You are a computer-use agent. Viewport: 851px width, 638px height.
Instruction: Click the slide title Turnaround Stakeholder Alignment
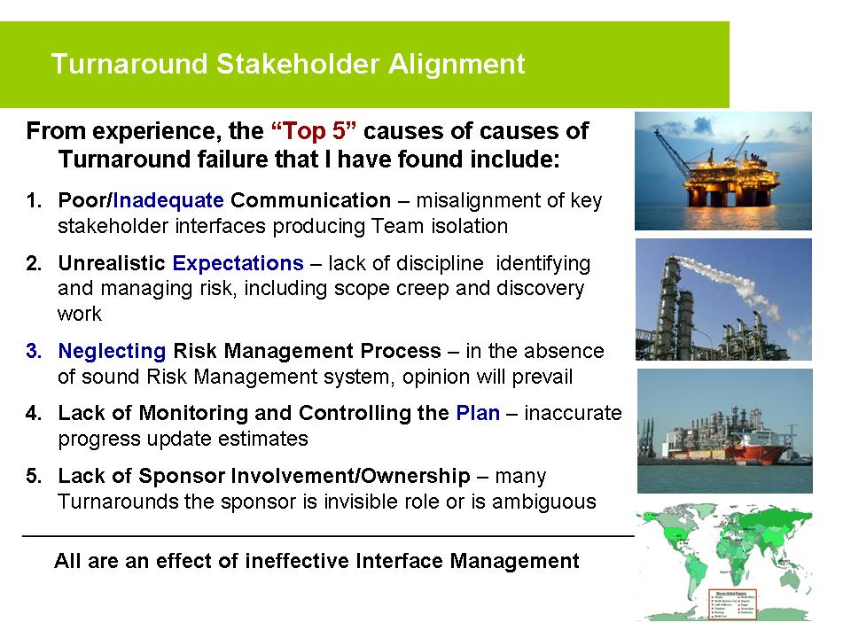pos(288,65)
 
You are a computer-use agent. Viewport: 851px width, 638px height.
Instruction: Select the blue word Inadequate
pos(169,200)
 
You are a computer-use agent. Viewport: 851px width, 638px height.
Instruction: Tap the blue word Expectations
pos(238,263)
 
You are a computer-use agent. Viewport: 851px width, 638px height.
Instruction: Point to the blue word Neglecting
pos(112,351)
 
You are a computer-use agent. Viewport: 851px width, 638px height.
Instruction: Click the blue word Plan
pos(478,413)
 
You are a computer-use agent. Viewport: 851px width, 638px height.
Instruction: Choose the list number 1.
pos(33,200)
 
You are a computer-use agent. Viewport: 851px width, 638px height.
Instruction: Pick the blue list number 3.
pos(33,351)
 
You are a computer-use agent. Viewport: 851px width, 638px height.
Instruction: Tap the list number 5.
pos(33,477)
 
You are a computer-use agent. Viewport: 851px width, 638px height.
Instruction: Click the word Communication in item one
pos(310,200)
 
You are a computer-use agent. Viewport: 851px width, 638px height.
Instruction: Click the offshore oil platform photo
pos(722,171)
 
